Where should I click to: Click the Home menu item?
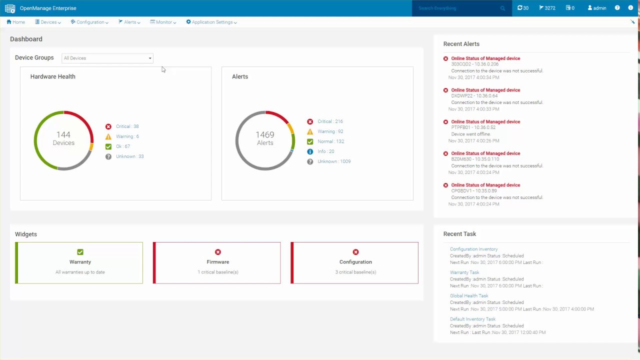pos(16,22)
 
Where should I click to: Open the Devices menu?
pos(48,22)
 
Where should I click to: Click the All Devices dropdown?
pos(107,58)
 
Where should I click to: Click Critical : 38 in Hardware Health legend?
pos(127,126)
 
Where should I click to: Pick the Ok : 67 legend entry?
pos(122,146)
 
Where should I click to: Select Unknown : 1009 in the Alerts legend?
pos(333,161)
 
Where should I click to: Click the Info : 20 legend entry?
pos(325,151)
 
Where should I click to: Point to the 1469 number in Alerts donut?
pos(265,135)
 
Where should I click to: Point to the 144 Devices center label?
pos(63,138)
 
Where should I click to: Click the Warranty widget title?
pos(80,262)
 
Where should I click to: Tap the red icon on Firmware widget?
pos(218,252)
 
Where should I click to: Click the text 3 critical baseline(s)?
pos(355,272)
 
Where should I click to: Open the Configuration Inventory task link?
pos(473,249)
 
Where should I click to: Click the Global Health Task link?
pos(469,295)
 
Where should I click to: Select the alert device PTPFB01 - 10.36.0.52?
pos(474,127)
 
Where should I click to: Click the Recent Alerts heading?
pos(461,44)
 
